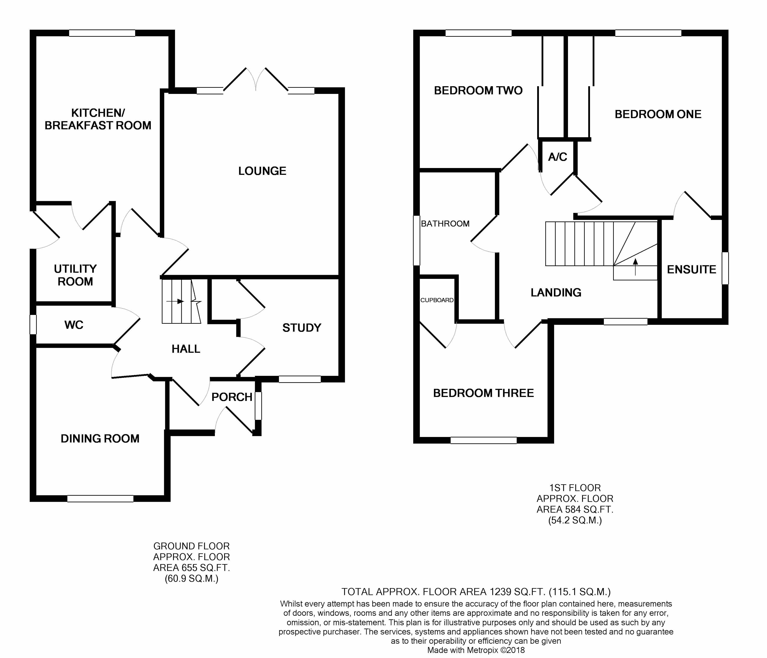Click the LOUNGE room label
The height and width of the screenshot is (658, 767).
pos(262,171)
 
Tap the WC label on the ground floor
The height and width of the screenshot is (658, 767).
pos(74,325)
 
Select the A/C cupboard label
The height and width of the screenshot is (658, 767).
pos(557,157)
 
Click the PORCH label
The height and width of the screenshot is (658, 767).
pos(232,397)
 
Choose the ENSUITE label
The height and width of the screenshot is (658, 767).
pos(691,270)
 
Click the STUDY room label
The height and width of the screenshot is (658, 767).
pos(302,328)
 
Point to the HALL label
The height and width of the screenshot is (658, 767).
pos(186,349)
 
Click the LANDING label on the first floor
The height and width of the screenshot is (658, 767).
pos(556,292)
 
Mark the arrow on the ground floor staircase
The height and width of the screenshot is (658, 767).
pos(175,302)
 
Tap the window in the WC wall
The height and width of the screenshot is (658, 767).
pos(33,324)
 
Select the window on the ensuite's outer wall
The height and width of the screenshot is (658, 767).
pos(725,268)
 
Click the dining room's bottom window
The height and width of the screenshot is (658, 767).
pos(100,499)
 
